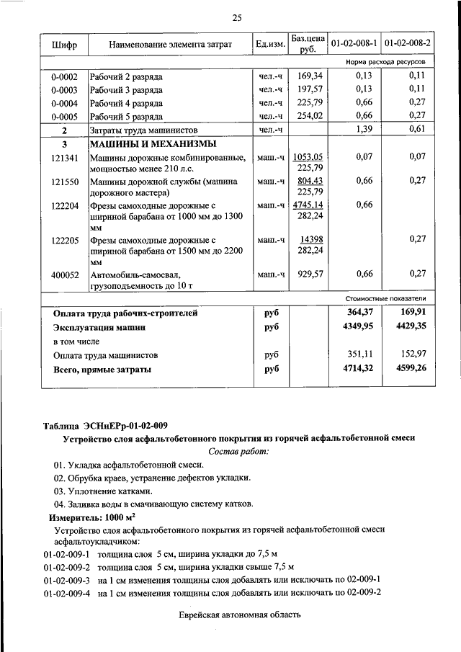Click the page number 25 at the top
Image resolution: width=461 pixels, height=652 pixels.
(237, 17)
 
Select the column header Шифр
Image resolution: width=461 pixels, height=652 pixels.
(64, 45)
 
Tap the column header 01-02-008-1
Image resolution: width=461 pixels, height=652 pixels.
(353, 45)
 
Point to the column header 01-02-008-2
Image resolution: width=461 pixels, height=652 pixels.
(407, 45)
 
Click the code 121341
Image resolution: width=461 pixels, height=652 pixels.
(64, 156)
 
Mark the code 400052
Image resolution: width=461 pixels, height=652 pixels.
(64, 274)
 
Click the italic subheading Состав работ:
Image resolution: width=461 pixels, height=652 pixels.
(238, 451)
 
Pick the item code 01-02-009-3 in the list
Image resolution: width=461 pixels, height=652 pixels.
(66, 579)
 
